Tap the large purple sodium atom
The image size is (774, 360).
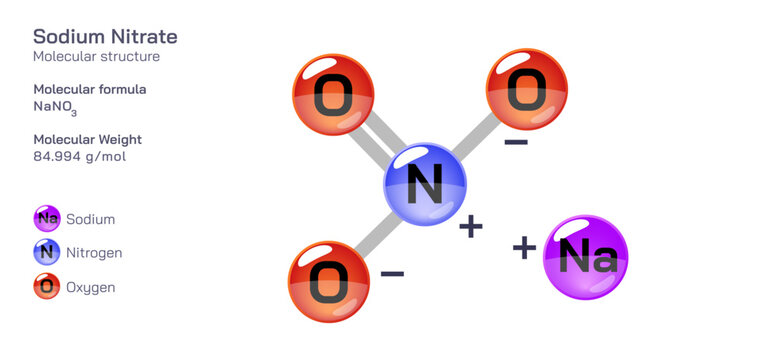(x=585, y=257)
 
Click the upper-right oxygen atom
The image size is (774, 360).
(x=526, y=90)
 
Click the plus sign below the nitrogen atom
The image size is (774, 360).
(x=470, y=228)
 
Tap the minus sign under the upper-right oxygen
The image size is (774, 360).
(x=516, y=144)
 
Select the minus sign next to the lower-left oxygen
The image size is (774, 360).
(x=392, y=272)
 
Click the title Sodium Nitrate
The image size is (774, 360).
(x=105, y=37)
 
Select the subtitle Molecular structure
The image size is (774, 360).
(x=96, y=57)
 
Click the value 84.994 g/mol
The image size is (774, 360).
(x=79, y=157)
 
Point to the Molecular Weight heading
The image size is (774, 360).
(x=87, y=139)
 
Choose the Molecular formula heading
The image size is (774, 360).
(x=90, y=89)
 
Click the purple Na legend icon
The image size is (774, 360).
(x=47, y=219)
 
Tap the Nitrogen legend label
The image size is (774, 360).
(x=94, y=253)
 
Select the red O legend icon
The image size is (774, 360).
(x=47, y=287)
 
